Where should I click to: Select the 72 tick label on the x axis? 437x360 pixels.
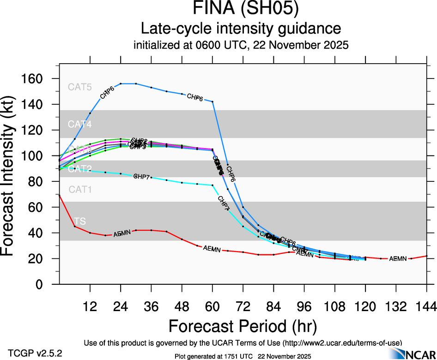coord(243,306)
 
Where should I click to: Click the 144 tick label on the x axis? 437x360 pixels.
coord(426,306)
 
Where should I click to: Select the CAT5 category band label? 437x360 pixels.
coord(79,87)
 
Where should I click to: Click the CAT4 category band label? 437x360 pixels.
coord(79,124)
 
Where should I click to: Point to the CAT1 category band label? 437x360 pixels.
coord(79,189)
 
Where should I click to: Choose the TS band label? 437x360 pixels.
coord(79,221)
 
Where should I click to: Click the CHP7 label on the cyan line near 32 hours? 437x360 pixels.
coord(141,176)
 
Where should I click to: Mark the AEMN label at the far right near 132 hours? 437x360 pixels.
coord(398,258)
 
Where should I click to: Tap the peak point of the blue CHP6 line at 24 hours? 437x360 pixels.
coord(121,84)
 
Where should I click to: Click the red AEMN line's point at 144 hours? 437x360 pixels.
coord(426,256)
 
